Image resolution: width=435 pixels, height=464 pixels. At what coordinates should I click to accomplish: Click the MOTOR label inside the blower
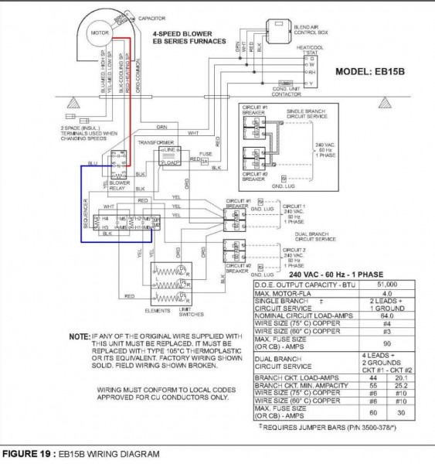click(x=98, y=34)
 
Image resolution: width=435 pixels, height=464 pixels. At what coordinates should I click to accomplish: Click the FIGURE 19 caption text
click(x=80, y=454)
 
